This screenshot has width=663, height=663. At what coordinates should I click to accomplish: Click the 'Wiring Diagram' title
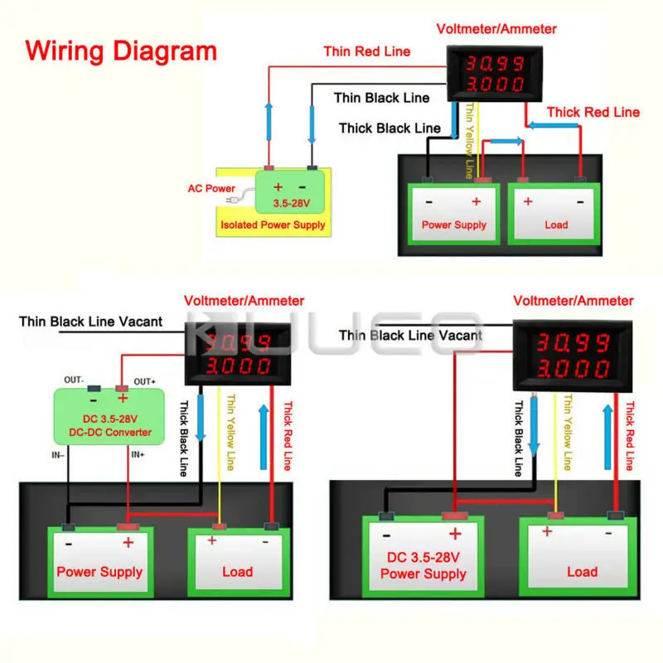coord(121,51)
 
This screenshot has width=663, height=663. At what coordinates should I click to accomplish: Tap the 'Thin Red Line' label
coord(366,51)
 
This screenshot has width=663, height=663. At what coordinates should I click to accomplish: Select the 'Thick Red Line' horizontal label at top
coord(593,112)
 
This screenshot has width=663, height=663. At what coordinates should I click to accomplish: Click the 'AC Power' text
coord(211,188)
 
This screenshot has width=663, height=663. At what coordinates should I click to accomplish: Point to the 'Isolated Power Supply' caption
coord(273,225)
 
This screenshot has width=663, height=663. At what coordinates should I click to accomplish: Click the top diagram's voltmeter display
coord(496,73)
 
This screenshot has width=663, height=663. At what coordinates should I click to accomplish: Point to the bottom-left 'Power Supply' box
coord(99,564)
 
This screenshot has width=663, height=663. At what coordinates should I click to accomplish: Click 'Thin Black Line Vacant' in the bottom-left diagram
coord(91,321)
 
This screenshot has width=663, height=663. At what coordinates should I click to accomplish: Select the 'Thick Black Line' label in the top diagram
coord(390,128)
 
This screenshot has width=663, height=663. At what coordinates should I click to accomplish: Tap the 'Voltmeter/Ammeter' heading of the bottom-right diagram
coord(573,301)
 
